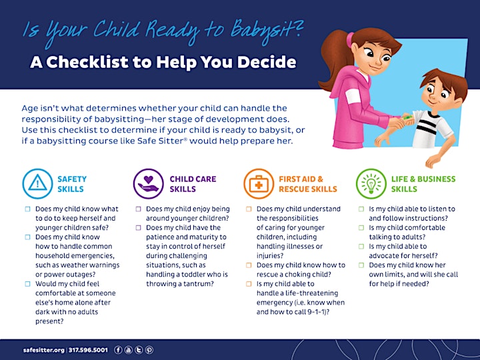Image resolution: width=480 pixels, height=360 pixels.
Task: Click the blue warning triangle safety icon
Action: (x=37, y=184)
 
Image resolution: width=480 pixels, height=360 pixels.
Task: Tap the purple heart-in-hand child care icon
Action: (x=149, y=184)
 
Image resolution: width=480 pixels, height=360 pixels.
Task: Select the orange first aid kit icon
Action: (x=259, y=184)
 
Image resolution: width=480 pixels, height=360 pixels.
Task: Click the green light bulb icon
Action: (x=371, y=184)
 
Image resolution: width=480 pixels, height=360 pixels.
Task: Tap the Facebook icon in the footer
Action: (x=118, y=350)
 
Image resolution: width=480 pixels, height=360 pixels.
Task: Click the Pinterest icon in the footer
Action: (x=149, y=350)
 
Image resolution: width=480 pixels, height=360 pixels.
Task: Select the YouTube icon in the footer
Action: (x=129, y=350)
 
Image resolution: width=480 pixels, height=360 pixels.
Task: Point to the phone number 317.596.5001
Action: (x=88, y=350)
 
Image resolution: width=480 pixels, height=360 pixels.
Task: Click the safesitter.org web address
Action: (x=44, y=350)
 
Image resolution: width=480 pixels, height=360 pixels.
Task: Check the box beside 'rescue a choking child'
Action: (x=249, y=265)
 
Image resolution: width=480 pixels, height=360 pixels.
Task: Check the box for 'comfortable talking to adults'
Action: (x=361, y=228)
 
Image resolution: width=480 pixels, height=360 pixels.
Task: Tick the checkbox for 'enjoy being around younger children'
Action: (x=139, y=209)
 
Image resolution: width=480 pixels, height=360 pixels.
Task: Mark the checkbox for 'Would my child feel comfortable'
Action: (x=27, y=284)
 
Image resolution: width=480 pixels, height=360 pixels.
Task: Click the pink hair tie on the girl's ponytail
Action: (x=350, y=40)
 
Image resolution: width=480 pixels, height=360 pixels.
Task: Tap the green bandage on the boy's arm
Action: (x=407, y=117)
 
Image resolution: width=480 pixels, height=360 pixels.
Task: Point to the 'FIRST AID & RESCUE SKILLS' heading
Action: (x=308, y=184)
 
